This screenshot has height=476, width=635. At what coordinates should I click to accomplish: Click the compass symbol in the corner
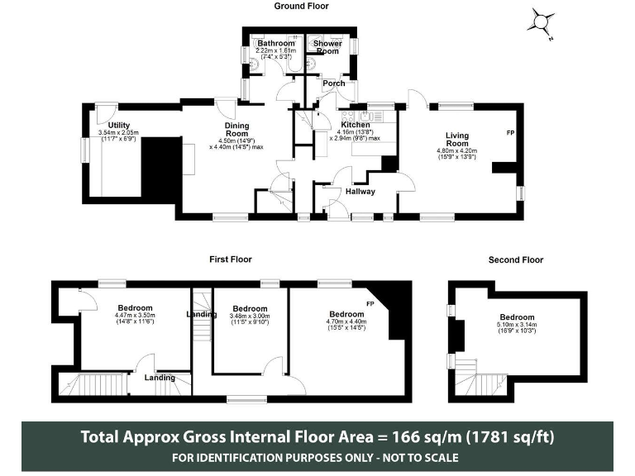542,23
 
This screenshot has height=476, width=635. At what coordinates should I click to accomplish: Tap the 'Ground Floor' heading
302,6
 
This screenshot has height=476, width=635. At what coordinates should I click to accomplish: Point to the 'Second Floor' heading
516,259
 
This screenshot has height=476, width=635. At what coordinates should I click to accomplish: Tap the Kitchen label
356,124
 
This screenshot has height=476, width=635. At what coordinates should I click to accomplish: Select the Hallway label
360,192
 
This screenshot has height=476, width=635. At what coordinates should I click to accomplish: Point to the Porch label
334,83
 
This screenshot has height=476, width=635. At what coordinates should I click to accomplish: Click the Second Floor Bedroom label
517,317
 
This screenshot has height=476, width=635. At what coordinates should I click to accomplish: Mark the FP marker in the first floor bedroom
370,304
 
